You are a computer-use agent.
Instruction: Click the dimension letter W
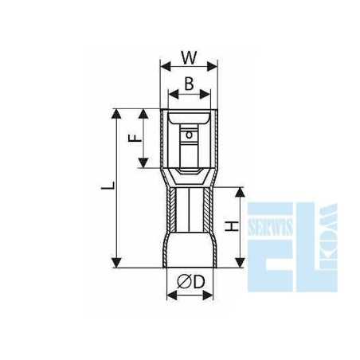(189, 58)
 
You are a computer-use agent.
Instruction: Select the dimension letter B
(190, 84)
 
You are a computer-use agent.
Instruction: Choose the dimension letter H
(231, 227)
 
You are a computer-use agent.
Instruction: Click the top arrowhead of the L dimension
(118, 112)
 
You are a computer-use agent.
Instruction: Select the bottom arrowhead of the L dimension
(118, 262)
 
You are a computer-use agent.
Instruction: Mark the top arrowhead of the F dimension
(143, 112)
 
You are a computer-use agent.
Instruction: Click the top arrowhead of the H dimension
(240, 191)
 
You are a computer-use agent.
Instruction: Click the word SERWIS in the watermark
(270, 209)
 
